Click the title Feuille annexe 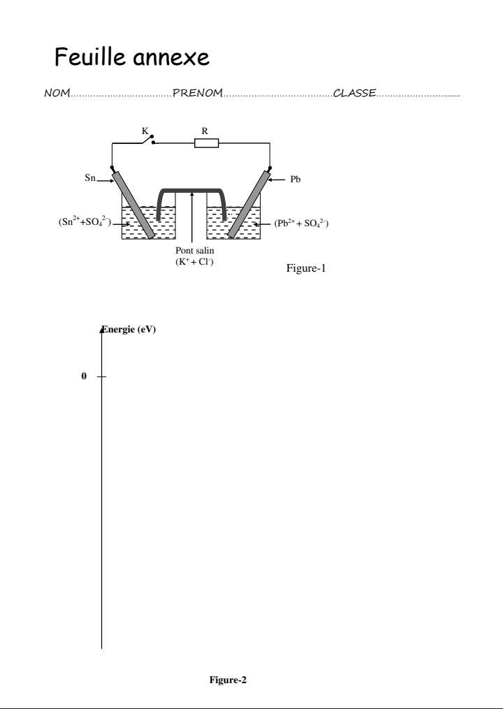[x=131, y=57]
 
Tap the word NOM [x=57, y=93]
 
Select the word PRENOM [x=198, y=93]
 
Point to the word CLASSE [x=355, y=93]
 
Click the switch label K [x=145, y=131]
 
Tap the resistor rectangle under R [x=207, y=143]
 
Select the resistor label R [x=205, y=131]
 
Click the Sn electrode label [x=90, y=177]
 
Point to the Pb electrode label [x=296, y=179]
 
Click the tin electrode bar [x=133, y=205]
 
